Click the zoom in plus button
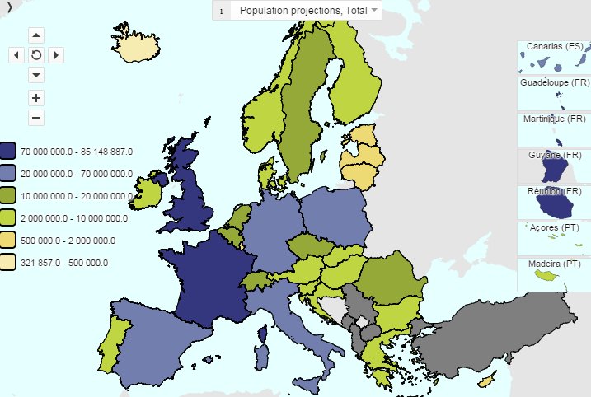(36, 96)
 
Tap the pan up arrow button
(36, 35)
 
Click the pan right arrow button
(56, 55)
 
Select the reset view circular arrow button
(36, 55)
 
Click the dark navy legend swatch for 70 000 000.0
(8, 152)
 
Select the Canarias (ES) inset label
(554, 46)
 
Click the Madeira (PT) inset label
(554, 264)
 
